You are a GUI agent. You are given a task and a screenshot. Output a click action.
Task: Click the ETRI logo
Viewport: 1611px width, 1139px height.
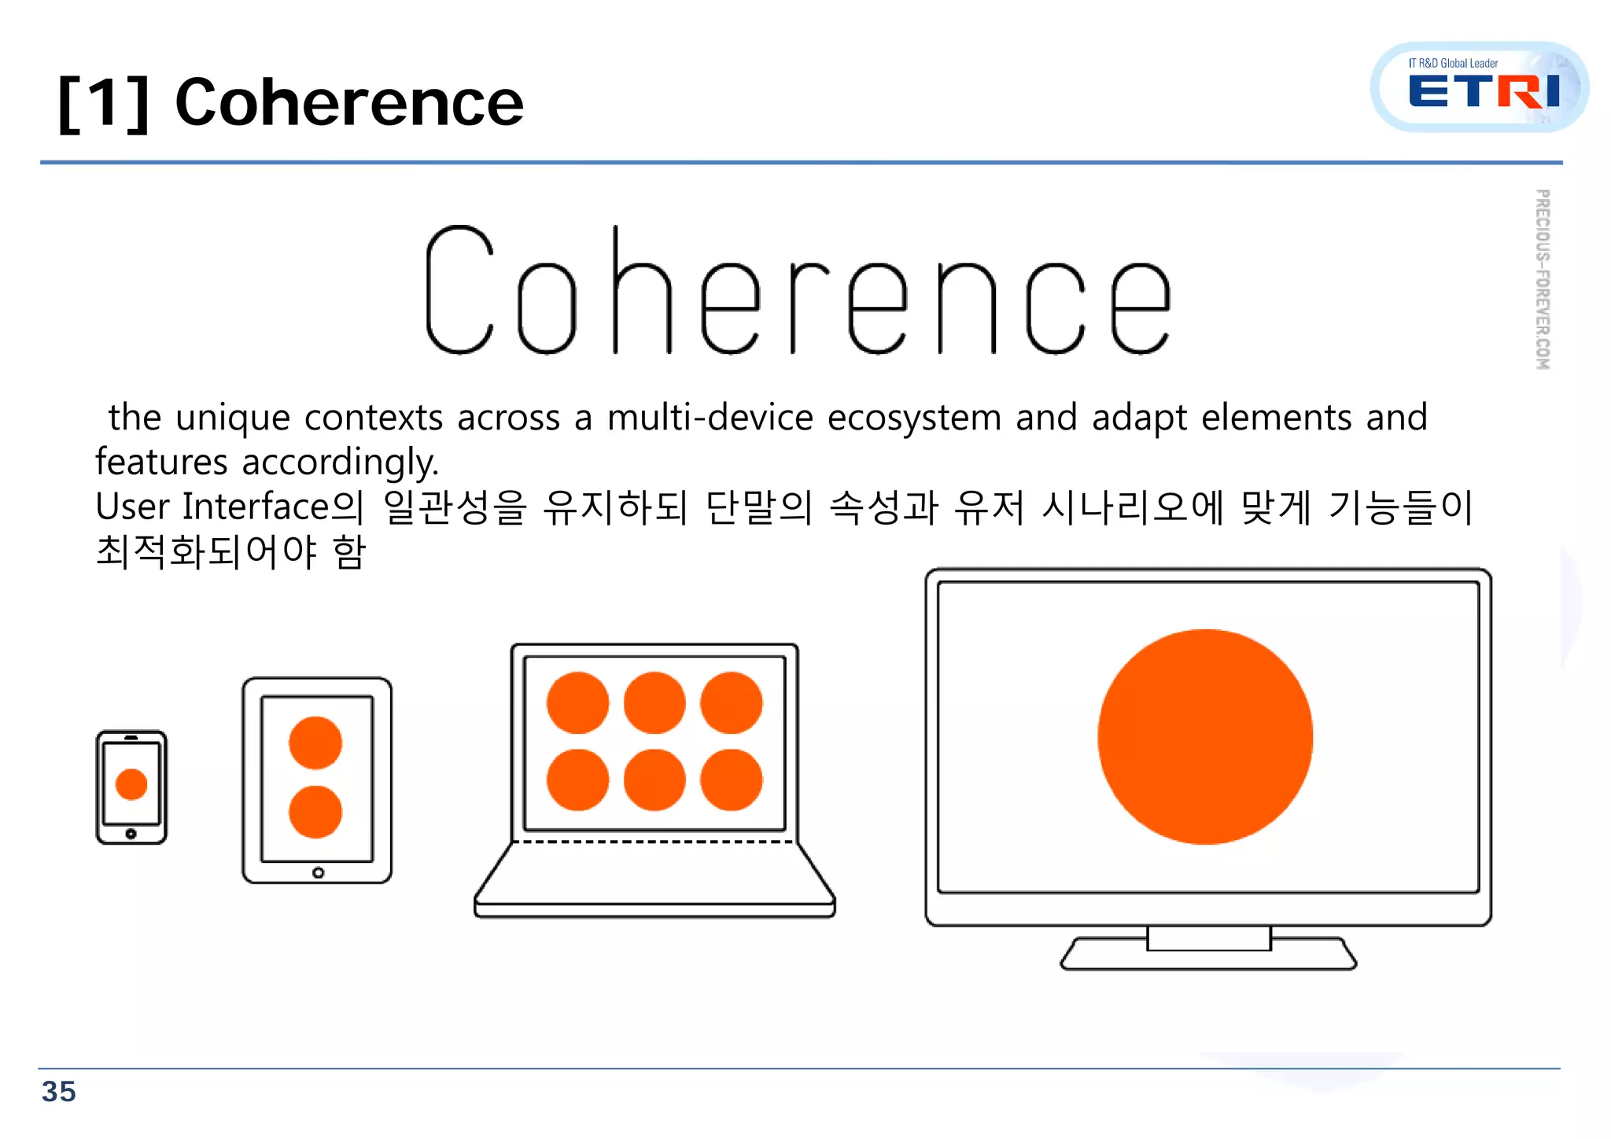click(x=1481, y=88)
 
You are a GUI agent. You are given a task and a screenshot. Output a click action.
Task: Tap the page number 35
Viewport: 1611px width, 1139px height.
click(x=59, y=1092)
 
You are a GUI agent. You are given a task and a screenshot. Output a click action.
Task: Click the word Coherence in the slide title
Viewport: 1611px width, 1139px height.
click(x=348, y=102)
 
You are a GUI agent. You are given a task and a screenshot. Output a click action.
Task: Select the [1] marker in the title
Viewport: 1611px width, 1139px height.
click(x=103, y=103)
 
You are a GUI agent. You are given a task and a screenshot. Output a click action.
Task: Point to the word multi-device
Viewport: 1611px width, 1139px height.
click(x=710, y=417)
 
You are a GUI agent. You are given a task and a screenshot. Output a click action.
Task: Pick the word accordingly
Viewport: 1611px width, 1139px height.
click(x=340, y=462)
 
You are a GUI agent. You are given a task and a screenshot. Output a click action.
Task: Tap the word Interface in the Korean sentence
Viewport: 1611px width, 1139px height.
click(x=255, y=507)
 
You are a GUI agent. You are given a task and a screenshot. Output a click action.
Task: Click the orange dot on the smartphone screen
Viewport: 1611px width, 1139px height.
click(x=131, y=784)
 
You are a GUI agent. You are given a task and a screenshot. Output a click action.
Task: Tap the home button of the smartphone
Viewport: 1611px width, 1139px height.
click(x=131, y=834)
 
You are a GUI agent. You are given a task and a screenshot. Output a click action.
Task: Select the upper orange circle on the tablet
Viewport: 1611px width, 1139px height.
click(x=315, y=743)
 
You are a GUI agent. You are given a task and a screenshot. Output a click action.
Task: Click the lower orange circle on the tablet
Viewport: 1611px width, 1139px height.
click(x=315, y=812)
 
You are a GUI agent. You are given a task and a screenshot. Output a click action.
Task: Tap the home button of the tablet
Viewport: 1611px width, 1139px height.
click(x=318, y=872)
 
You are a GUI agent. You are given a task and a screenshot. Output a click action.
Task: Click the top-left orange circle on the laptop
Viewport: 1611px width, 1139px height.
click(x=577, y=702)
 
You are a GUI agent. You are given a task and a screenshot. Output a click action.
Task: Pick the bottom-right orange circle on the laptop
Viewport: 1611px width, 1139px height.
click(x=731, y=780)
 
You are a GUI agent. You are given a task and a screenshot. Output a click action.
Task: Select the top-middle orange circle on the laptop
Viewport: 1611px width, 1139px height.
click(x=654, y=702)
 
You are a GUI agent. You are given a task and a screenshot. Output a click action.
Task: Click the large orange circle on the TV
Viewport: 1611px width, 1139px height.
click(x=1205, y=737)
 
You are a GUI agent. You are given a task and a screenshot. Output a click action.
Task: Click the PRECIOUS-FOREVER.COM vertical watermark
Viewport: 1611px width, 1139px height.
click(x=1543, y=279)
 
